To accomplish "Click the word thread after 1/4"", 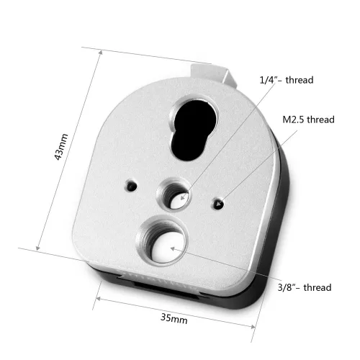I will [x=302, y=80].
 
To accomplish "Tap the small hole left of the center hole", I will [x=130, y=185].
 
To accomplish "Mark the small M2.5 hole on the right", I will [x=219, y=204].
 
